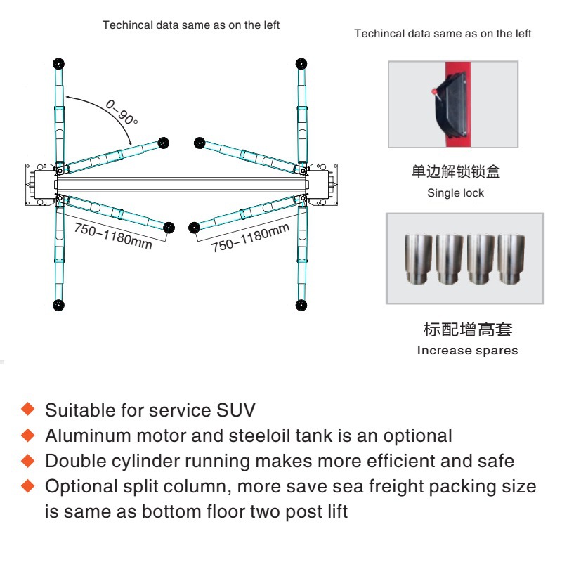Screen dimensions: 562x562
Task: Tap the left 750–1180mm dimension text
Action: click(112, 235)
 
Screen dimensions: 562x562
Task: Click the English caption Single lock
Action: click(455, 193)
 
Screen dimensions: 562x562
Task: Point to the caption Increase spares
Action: click(467, 351)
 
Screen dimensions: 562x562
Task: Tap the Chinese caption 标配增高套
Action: click(464, 329)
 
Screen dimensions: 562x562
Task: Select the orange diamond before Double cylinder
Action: click(28, 460)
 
